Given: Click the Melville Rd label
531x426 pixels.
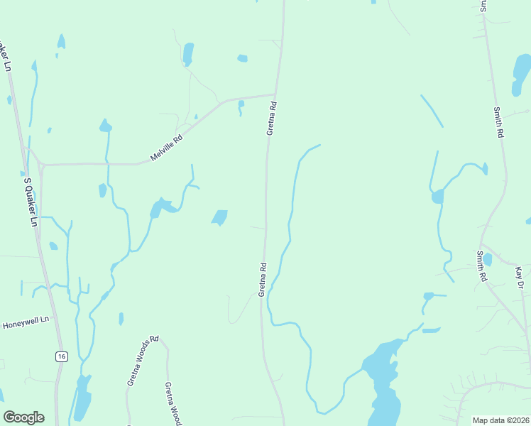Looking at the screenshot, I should pyautogui.click(x=167, y=148).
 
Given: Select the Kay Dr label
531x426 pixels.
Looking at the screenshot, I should pyautogui.click(x=520, y=278).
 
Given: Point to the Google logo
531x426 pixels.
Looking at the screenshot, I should pyautogui.click(x=23, y=417).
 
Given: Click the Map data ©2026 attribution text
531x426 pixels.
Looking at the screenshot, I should pyautogui.click(x=500, y=420).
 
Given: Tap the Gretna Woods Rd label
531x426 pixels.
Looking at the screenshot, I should pyautogui.click(x=143, y=361).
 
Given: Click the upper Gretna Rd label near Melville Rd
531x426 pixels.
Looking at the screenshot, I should pyautogui.click(x=271, y=119).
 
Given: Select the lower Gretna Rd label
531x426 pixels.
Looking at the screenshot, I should pyautogui.click(x=263, y=280).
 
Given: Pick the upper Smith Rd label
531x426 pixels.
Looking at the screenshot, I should pyautogui.click(x=499, y=122).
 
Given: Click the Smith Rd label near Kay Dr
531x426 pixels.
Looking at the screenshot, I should pyautogui.click(x=481, y=266).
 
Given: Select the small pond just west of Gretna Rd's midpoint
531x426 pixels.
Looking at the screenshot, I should pyautogui.click(x=220, y=217).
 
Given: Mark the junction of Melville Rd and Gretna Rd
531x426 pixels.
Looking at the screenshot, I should pyautogui.click(x=275, y=94).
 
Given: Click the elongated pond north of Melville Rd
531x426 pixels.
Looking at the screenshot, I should pyautogui.click(x=188, y=53).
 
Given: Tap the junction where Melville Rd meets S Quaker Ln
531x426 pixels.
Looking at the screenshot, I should pyautogui.click(x=41, y=165).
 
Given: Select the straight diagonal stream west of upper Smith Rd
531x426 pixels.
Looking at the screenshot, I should pyautogui.click(x=432, y=111).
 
